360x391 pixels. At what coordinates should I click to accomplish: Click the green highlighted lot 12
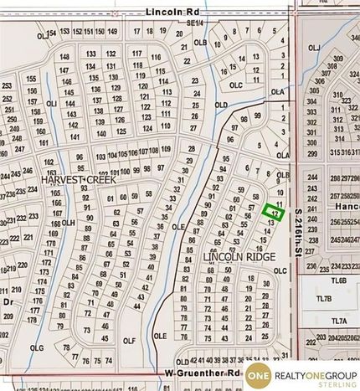270,211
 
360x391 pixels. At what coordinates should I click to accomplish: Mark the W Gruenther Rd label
203,372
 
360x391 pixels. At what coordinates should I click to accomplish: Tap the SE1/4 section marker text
195,23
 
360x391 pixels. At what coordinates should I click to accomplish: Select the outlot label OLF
129,341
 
